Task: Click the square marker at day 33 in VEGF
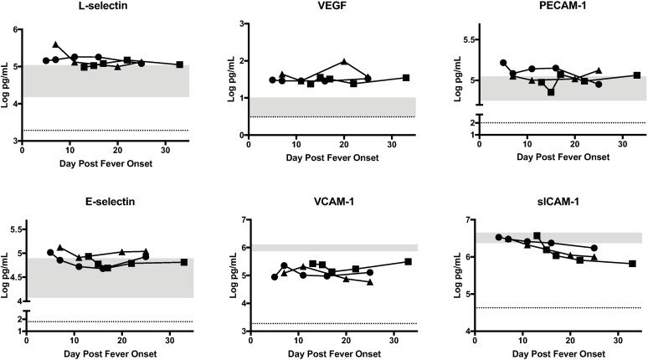(405, 78)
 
